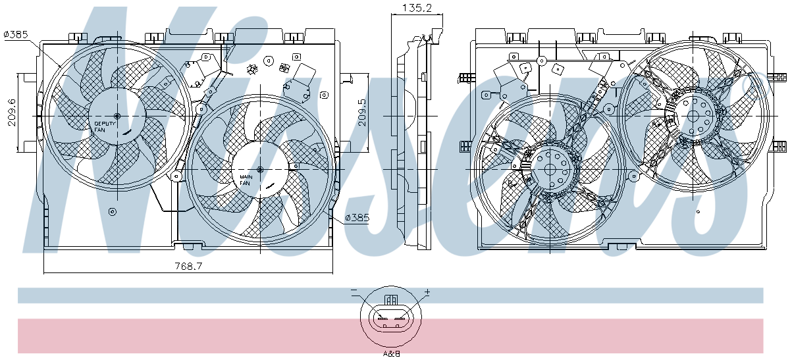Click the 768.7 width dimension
(x=189, y=266)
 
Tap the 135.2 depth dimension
(x=417, y=8)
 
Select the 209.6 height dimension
(x=12, y=113)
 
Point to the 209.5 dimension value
(x=362, y=113)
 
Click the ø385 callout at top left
(x=16, y=35)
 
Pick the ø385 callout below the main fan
(x=357, y=218)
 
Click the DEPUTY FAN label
(x=105, y=127)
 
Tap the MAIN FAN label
(x=246, y=180)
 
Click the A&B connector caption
(x=392, y=353)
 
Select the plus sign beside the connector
(x=427, y=292)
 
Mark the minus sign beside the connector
(x=354, y=290)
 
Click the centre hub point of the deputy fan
(x=117, y=116)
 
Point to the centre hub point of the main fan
(x=260, y=170)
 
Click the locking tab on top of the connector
(x=391, y=300)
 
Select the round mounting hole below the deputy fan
(x=113, y=212)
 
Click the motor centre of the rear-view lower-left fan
(x=550, y=169)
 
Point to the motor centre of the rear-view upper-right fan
(x=693, y=116)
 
